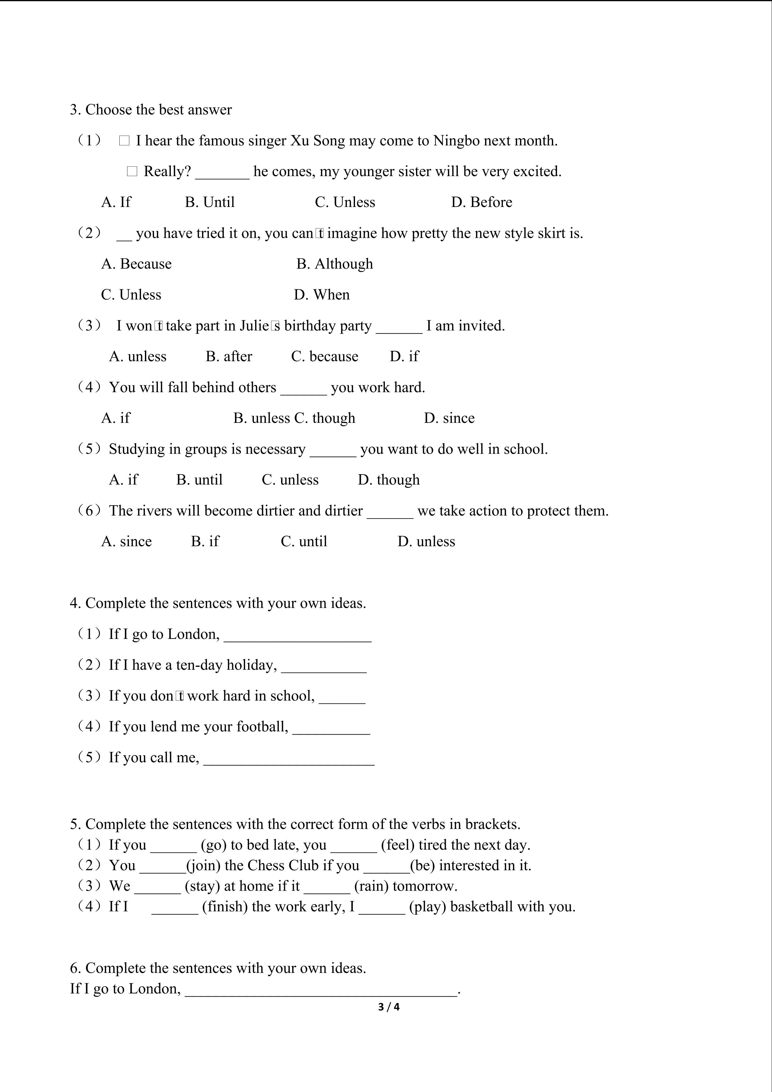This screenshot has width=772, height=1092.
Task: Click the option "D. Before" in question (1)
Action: pyautogui.click(x=481, y=202)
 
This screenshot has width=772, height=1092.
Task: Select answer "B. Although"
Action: pyautogui.click(x=335, y=264)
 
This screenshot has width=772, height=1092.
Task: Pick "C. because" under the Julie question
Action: pyautogui.click(x=325, y=356)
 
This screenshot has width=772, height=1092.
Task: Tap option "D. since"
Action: pyautogui.click(x=449, y=418)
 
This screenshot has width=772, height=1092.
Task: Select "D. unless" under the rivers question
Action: pyautogui.click(x=426, y=541)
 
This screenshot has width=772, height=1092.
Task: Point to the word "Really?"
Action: pyautogui.click(x=167, y=171)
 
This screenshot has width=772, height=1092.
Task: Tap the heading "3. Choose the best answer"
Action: pyautogui.click(x=151, y=110)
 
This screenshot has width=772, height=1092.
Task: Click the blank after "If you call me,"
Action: pyautogui.click(x=289, y=758)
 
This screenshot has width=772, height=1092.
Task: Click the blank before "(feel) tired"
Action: pyautogui.click(x=354, y=845)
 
